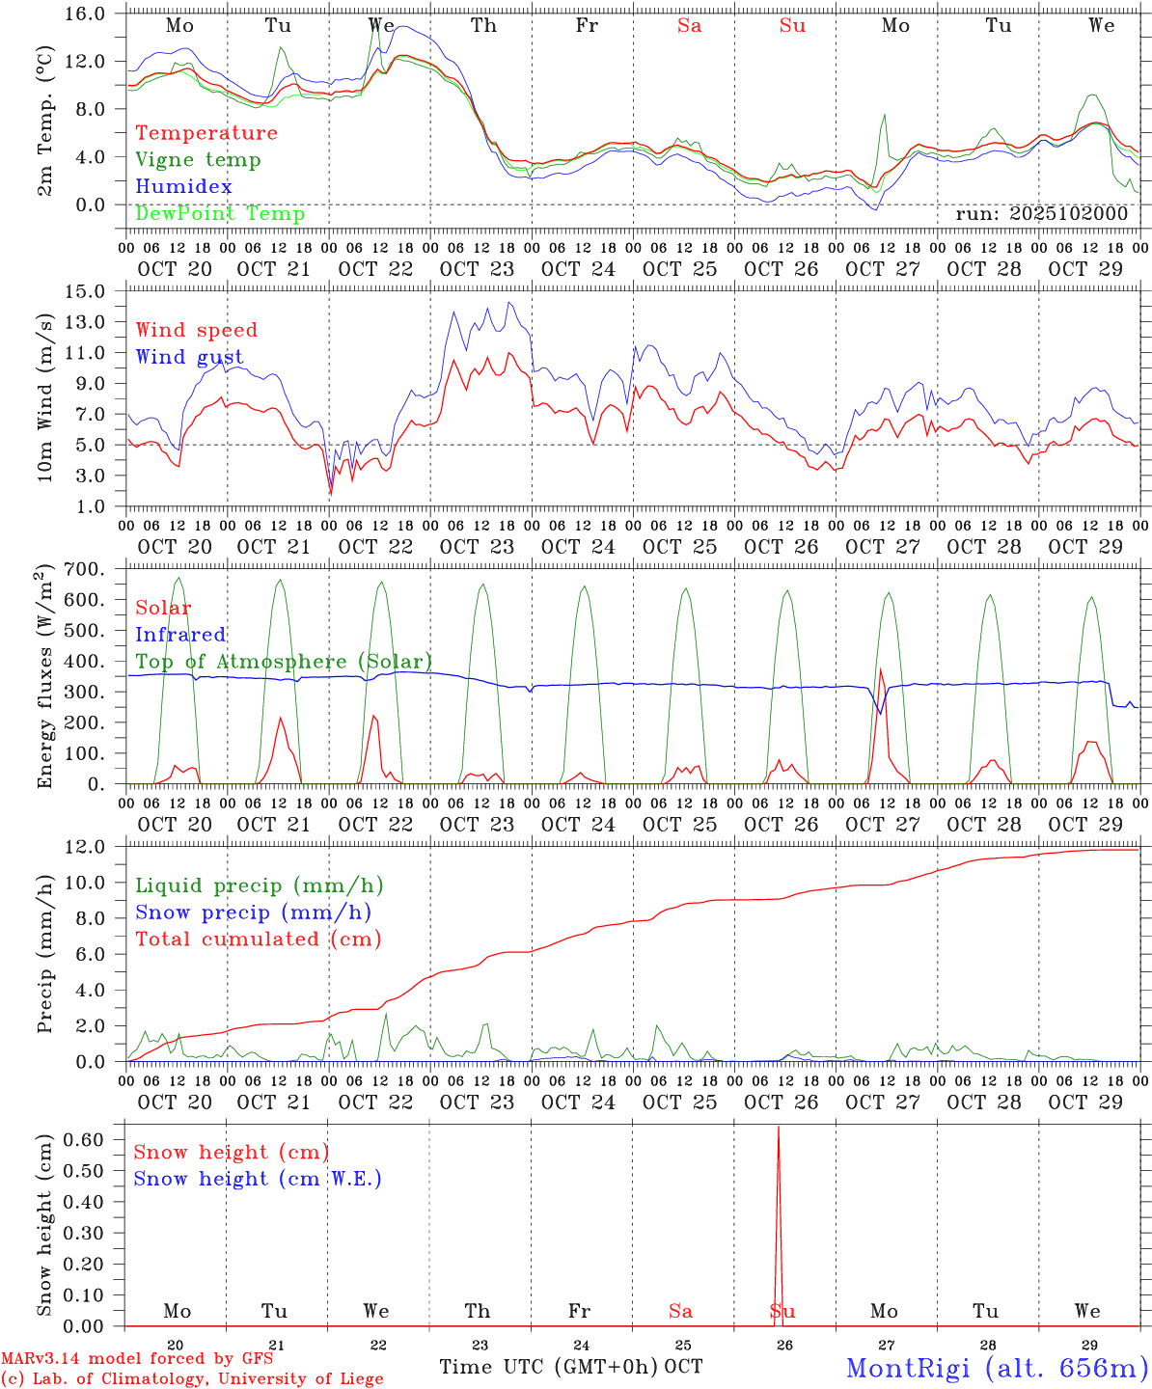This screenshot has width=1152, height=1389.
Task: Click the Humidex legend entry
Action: [x=183, y=186]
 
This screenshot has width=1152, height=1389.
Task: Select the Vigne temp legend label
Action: [x=198, y=160]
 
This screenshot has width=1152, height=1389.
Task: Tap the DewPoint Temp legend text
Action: [x=220, y=213]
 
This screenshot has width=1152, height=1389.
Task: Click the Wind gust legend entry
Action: [x=189, y=357]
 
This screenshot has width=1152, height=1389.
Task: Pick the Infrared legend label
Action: [x=180, y=635]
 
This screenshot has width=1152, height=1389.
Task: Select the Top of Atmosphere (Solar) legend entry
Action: [x=284, y=662]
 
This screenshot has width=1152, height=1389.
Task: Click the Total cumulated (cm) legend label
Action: [x=258, y=939]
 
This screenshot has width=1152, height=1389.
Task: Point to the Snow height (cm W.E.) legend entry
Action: [x=258, y=1179]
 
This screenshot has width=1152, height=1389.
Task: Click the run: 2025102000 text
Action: [x=1041, y=214]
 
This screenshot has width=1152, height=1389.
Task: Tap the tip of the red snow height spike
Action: [x=779, y=1127]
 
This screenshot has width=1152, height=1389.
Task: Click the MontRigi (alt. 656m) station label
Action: [x=997, y=1367]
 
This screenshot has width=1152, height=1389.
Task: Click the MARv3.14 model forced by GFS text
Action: [x=137, y=1359]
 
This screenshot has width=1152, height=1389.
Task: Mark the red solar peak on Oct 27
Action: [x=880, y=669]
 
